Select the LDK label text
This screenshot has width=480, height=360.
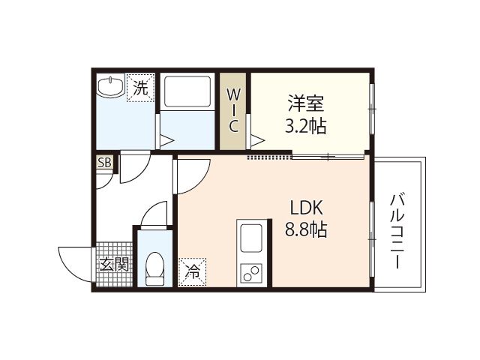(305, 206)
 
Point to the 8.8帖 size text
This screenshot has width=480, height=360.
(305, 229)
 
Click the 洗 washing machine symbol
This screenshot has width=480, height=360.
(140, 87)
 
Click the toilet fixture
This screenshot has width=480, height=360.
(155, 269)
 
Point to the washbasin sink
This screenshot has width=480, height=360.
(109, 86)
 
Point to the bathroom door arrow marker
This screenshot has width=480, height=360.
(166, 140)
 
